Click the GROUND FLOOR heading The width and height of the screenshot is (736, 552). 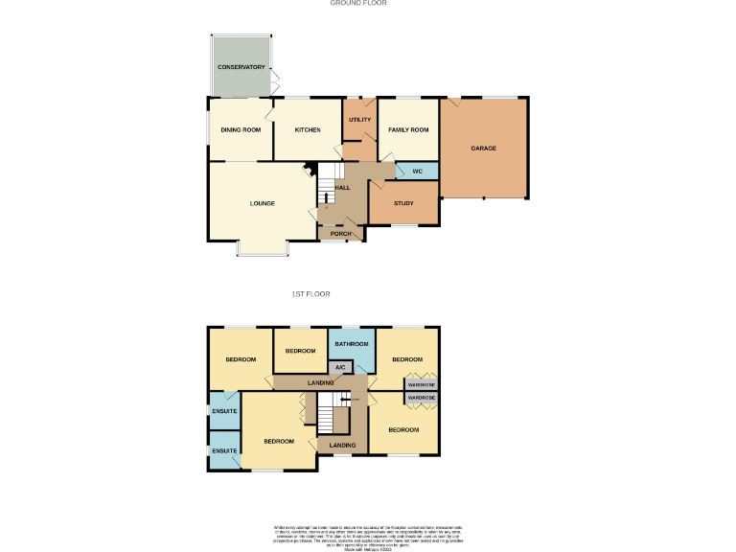(x=357, y=4)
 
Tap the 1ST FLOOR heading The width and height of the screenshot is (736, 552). (x=311, y=294)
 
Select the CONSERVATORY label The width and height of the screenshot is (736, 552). (x=241, y=67)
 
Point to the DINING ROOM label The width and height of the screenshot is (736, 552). (x=241, y=129)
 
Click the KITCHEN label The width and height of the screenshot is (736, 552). (x=307, y=129)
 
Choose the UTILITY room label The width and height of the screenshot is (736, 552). (x=359, y=120)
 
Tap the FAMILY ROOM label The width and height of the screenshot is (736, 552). (x=407, y=129)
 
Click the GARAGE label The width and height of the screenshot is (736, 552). (x=483, y=149)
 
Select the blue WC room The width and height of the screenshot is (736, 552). (x=418, y=172)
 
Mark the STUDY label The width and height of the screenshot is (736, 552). (x=403, y=203)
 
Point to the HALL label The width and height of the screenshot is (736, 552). (x=342, y=188)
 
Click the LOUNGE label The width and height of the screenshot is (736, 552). (x=263, y=203)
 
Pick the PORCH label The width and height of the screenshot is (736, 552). (x=340, y=234)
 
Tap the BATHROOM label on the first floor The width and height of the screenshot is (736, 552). (x=352, y=344)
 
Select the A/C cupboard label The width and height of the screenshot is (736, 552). (x=340, y=367)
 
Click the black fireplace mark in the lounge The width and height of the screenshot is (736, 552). (x=309, y=172)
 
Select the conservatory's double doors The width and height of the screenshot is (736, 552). (x=276, y=80)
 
